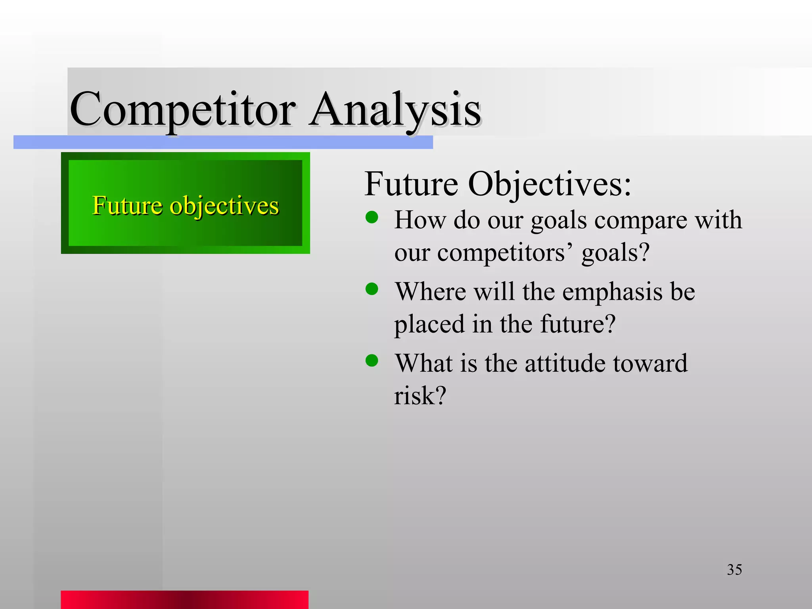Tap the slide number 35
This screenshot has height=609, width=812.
point(734,570)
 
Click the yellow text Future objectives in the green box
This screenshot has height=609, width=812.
point(186,205)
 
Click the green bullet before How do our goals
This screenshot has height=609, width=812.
point(372,217)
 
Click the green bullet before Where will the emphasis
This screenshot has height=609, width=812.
point(372,289)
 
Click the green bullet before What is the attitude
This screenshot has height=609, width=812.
point(372,361)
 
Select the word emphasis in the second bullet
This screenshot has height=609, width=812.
point(612,292)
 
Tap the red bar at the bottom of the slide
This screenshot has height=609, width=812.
point(184,599)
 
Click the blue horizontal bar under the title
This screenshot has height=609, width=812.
point(223,142)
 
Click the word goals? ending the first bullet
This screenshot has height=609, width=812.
point(615,253)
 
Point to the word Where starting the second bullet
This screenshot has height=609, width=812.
point(430,292)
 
